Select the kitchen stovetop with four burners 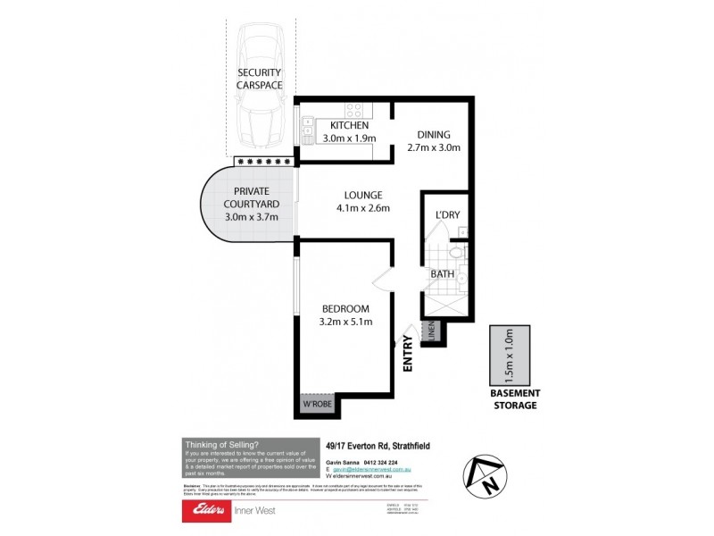click(x=354, y=111)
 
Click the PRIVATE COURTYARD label click(x=251, y=191)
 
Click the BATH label click(x=444, y=274)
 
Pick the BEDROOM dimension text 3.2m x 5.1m click(x=345, y=322)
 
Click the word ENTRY click(x=409, y=352)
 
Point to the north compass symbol click(x=483, y=476)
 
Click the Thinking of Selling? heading click(x=221, y=444)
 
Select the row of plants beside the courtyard click(x=263, y=161)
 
